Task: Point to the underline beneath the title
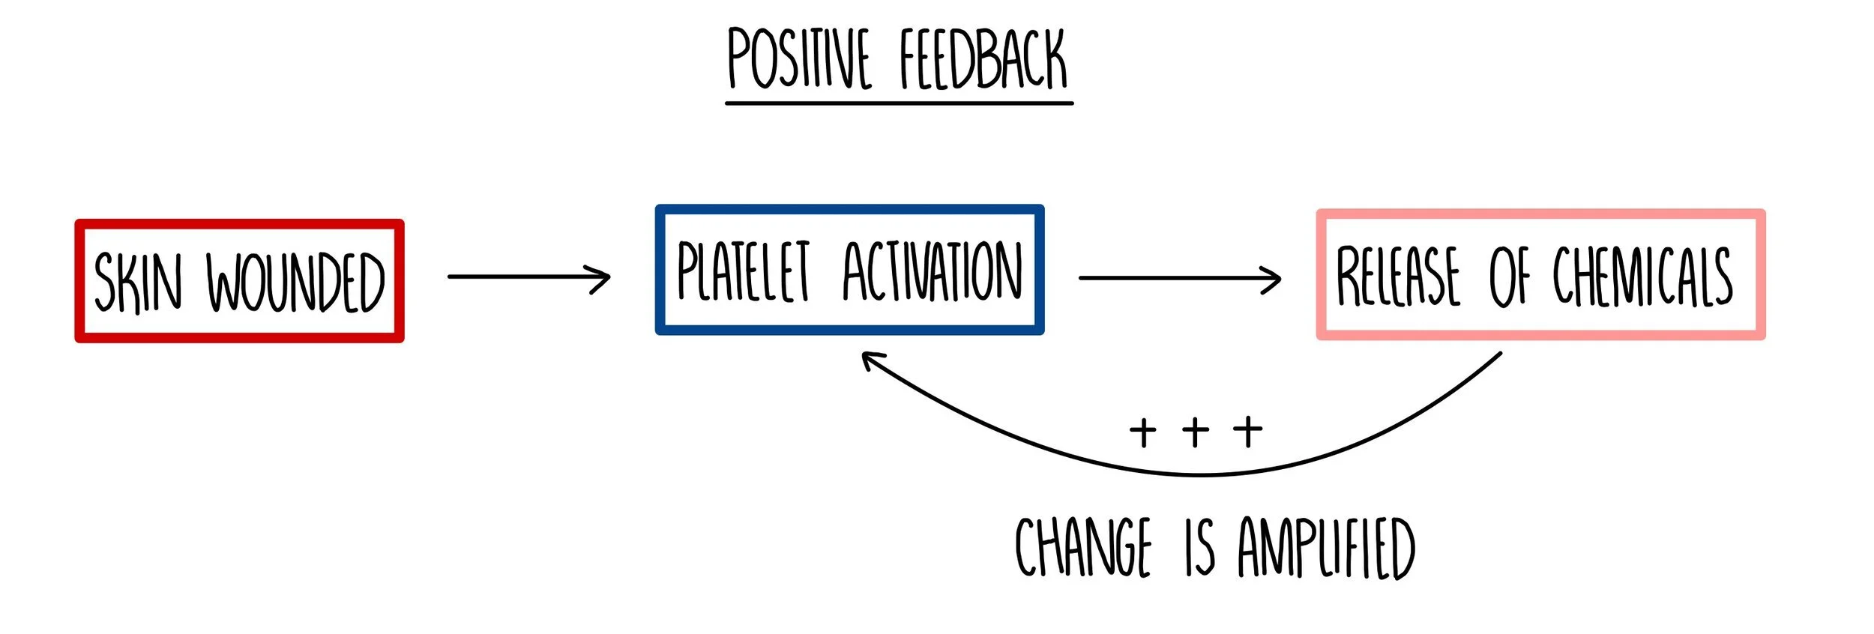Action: pos(899,103)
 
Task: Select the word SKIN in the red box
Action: pos(138,282)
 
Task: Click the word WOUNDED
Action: pos(295,282)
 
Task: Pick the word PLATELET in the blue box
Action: pos(743,271)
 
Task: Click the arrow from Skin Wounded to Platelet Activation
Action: pos(528,277)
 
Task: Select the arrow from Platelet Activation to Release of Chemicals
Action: pos(1179,278)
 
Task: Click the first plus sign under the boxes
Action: pos(1142,432)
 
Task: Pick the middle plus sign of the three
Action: pos(1195,432)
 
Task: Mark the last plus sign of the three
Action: pos(1248,432)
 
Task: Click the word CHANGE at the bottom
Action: pos(1082,547)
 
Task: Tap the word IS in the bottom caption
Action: pos(1199,547)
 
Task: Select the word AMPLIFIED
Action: pos(1326,547)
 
